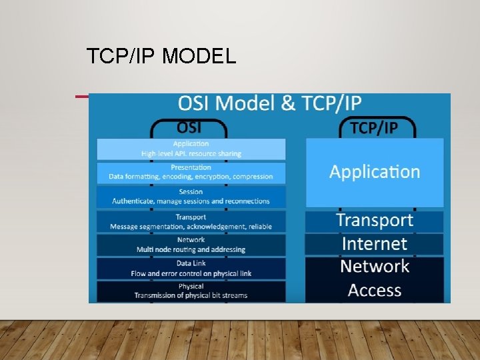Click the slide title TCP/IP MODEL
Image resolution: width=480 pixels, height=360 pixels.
(161, 57)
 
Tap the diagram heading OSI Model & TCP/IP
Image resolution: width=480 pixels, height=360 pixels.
(270, 105)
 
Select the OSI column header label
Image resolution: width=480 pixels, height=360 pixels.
(191, 127)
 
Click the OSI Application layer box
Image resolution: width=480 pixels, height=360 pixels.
(191, 149)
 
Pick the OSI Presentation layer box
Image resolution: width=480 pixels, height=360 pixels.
(191, 172)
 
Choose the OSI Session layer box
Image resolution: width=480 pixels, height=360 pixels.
(191, 196)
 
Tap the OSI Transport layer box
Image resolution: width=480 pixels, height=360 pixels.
(191, 221)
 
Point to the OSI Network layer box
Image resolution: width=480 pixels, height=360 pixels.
(191, 245)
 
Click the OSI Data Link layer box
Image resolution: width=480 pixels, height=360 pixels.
(191, 268)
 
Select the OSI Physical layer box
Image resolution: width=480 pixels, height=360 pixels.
(191, 291)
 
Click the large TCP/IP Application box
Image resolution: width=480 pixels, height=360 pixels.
(375, 172)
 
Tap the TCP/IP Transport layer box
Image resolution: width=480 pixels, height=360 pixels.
(375, 221)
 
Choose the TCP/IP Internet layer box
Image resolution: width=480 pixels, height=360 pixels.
(375, 244)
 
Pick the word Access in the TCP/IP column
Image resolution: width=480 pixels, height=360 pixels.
(375, 291)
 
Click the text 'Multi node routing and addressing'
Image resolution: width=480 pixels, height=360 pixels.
(191, 249)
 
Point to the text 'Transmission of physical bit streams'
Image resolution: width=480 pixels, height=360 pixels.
(191, 295)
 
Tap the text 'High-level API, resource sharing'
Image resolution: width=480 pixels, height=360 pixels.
(191, 153)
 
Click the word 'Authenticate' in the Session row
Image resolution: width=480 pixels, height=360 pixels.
(133, 201)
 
